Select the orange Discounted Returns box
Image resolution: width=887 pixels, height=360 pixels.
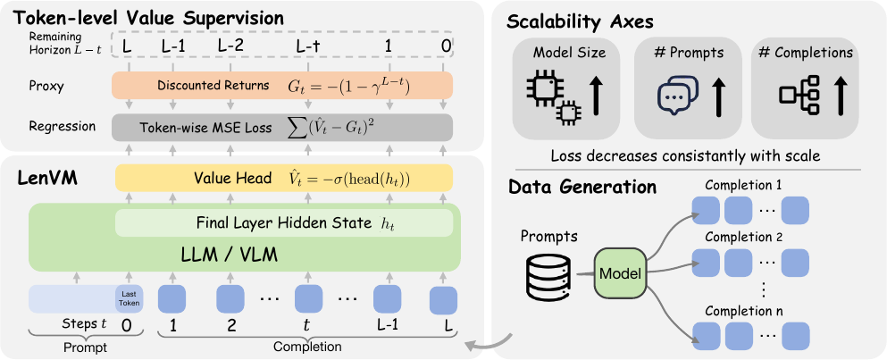282,86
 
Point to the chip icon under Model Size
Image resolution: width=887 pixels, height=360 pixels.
554,96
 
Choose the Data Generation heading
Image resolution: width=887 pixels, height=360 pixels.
582,188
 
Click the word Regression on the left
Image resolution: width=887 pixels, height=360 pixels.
62,126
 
